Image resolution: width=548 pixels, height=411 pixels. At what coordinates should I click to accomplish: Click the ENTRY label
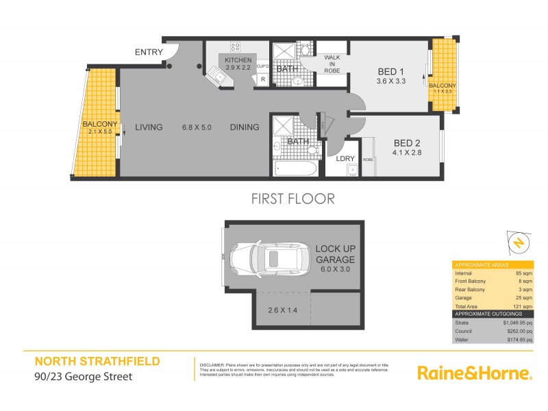(148, 53)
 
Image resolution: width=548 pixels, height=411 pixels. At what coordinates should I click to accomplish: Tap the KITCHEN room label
(238, 60)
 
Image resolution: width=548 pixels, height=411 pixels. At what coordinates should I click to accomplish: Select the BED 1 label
(392, 71)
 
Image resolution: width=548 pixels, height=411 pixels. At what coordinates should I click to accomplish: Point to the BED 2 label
(407, 143)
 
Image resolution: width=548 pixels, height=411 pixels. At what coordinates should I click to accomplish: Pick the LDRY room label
(345, 159)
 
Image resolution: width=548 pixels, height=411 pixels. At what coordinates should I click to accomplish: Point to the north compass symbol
(519, 242)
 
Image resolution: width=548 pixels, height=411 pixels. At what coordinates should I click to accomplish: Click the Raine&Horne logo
(475, 373)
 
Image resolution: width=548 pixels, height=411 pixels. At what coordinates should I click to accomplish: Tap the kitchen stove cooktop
(235, 47)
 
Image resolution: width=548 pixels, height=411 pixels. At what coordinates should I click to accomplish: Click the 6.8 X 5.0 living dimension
(197, 127)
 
